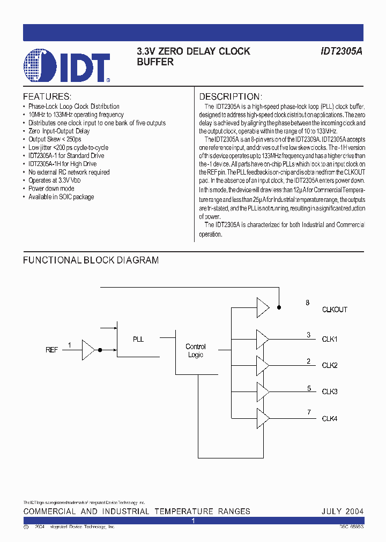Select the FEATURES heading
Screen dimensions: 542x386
(47, 97)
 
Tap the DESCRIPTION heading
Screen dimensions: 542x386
(230, 97)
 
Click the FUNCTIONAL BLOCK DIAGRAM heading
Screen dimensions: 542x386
(91, 260)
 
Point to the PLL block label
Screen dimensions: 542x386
(138, 339)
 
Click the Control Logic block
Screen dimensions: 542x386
(196, 351)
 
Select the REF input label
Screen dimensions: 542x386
(52, 350)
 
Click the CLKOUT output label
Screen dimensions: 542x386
(335, 310)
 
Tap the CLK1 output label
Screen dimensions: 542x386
(329, 339)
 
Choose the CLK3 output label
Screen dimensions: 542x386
(329, 392)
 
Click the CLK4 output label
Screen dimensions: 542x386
(329, 418)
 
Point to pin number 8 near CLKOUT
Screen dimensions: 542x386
(308, 303)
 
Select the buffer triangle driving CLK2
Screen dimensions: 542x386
(262, 365)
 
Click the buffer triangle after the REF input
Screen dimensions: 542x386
(87, 350)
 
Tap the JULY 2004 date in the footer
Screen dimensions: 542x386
(342, 511)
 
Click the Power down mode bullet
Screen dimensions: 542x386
(51, 189)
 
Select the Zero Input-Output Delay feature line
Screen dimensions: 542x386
(59, 131)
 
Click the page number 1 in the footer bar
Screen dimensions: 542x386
(193, 520)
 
